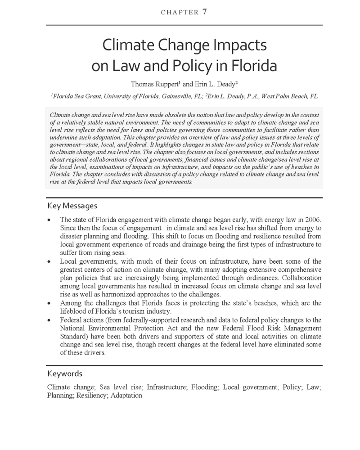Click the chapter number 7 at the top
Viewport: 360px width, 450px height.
(x=204, y=12)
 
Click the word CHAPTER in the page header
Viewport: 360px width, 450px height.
(x=179, y=13)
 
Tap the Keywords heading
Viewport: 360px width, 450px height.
(x=65, y=373)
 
